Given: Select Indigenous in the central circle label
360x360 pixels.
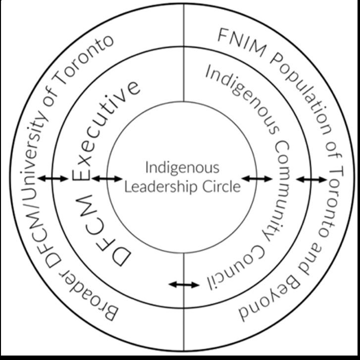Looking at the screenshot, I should click(182, 167).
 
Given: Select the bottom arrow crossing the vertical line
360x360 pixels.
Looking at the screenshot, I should click(184, 285).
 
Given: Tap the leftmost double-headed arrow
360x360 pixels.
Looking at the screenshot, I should click(53, 179).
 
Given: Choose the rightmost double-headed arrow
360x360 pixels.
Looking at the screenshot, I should click(311, 179).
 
